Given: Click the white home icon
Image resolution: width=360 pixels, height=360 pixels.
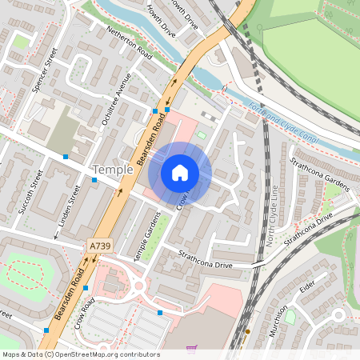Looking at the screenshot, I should click(x=180, y=172).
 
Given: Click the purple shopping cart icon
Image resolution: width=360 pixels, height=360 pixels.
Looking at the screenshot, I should click(x=191, y=348).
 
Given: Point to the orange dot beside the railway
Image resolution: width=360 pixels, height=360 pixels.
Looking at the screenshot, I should click(x=248, y=330).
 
